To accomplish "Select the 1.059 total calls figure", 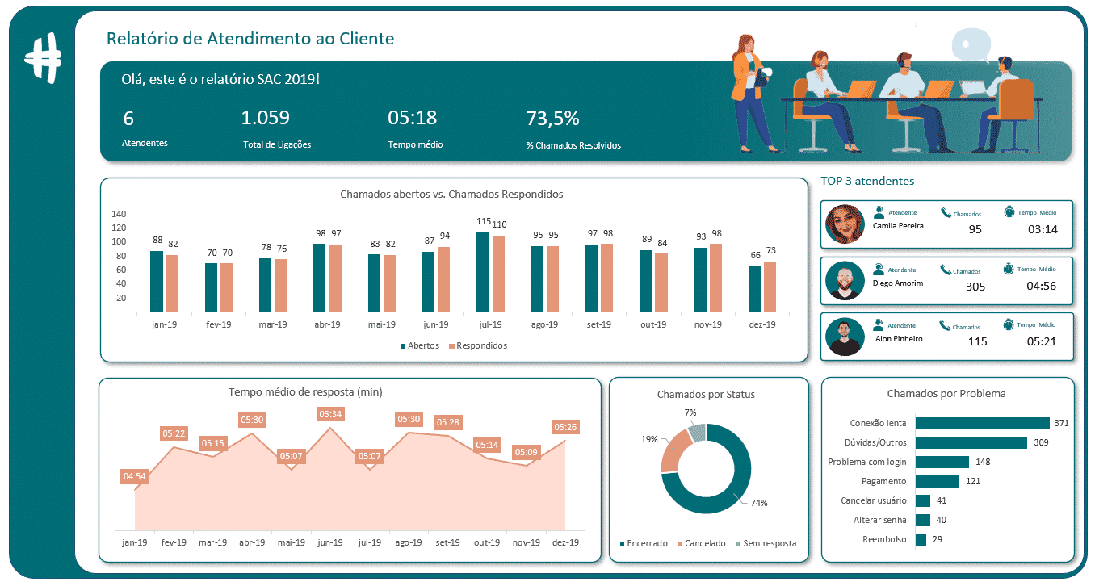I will click(x=265, y=119).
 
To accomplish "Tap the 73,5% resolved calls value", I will click(x=552, y=119).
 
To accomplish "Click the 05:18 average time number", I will click(x=412, y=119).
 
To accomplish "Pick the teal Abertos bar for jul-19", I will click(x=482, y=272).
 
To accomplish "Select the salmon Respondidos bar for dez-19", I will click(x=770, y=287).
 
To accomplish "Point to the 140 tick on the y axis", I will click(x=119, y=215).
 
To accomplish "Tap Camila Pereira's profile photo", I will click(x=845, y=224).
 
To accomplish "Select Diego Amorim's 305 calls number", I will click(x=975, y=287).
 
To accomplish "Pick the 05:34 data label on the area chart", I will click(x=329, y=414).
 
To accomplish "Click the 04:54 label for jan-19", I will click(x=134, y=477).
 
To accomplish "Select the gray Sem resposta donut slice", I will click(x=698, y=433).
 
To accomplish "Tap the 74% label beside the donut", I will click(x=758, y=503).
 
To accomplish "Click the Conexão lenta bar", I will click(x=982, y=423).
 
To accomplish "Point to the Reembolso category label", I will click(x=883, y=539).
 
